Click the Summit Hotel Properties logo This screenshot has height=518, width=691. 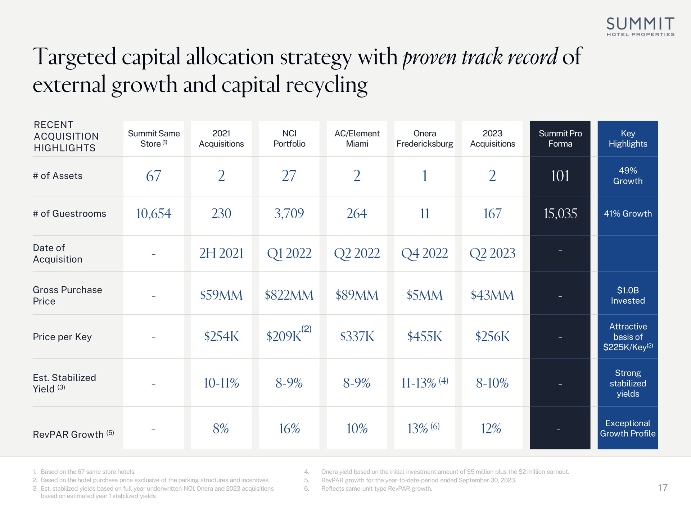tap(640, 26)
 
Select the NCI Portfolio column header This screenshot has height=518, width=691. tap(289, 138)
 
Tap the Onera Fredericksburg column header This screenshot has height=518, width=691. tap(425, 138)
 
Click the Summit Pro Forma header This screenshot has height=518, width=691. tap(560, 138)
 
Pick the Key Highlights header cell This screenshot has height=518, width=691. tap(628, 138)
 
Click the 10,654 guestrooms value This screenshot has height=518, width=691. tap(154, 214)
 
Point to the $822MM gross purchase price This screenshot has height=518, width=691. tap(289, 295)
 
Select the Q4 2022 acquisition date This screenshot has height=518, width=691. tap(425, 254)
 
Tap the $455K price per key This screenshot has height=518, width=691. tap(425, 337)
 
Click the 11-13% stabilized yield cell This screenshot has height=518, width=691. tap(425, 383)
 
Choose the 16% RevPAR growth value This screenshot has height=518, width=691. tap(289, 428)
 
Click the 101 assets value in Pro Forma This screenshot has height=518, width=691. tap(560, 176)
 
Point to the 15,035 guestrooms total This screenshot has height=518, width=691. tap(560, 214)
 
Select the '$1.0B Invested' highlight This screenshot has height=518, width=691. tap(628, 295)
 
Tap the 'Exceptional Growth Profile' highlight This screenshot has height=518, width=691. tap(628, 428)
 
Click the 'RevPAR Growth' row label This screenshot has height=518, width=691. tap(68, 435)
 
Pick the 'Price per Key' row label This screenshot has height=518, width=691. tap(62, 337)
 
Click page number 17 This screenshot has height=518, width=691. tap(663, 488)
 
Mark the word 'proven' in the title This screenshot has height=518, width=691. tap(429, 57)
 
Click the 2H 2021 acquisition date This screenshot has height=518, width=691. tap(221, 254)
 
